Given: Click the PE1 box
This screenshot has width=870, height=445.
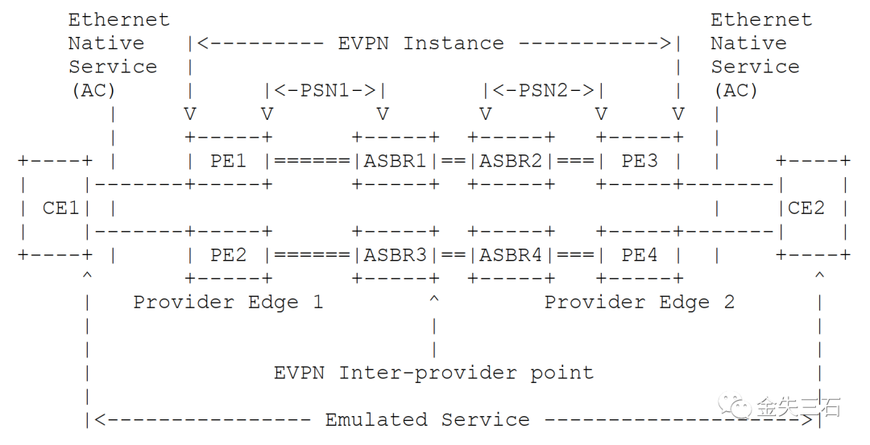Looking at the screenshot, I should (229, 161).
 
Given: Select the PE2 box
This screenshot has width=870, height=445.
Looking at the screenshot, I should (229, 255).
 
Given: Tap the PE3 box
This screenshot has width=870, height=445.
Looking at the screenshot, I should (640, 161).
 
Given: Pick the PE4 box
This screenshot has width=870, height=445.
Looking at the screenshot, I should (640, 255).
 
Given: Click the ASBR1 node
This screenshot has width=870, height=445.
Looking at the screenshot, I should (395, 161).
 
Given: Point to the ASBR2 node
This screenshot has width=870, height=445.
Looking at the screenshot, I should (511, 161).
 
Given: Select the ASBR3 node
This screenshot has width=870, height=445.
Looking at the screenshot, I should (395, 255).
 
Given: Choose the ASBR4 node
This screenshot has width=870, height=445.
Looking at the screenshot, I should (511, 255).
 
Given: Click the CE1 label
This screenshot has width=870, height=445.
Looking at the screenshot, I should (61, 208).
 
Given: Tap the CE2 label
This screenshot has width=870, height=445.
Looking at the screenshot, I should (806, 208).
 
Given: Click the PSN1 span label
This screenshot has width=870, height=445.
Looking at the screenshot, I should (325, 90).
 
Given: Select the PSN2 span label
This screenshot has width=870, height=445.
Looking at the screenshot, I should (544, 90).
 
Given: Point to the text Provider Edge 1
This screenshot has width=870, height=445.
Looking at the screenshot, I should (228, 303).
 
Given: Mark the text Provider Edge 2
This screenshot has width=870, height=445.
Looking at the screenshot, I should (640, 303).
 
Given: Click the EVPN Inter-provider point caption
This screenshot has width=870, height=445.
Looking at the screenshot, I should (433, 373).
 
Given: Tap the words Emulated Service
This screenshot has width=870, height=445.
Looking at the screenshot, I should (427, 420).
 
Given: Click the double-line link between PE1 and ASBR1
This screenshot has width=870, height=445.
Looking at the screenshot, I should (312, 161).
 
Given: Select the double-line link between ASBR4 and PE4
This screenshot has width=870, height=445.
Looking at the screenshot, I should (575, 255).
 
